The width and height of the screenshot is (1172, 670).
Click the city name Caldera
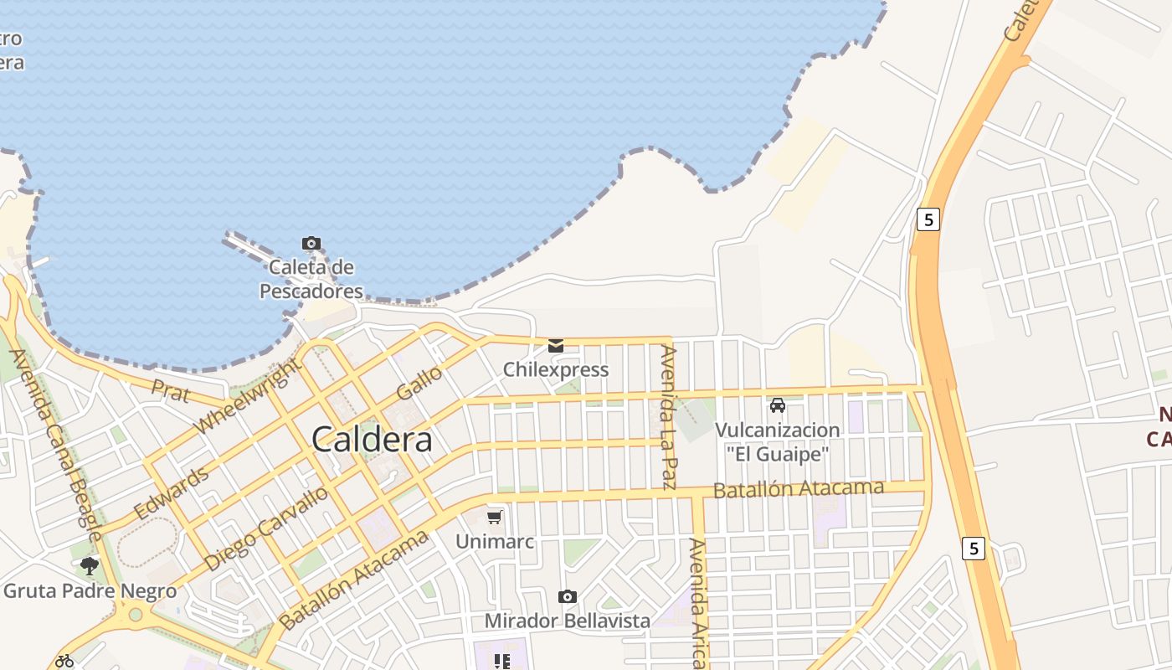372,440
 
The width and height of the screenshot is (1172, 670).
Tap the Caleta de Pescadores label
311,280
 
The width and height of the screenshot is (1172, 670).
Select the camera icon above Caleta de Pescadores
311,244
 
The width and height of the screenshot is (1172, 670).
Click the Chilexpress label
556,369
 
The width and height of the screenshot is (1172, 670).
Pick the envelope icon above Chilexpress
556,345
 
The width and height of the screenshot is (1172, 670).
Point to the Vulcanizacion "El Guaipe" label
777,442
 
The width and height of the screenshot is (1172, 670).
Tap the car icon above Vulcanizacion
778,405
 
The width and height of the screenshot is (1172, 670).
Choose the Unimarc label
495,542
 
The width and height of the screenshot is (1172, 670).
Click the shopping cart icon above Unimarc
495,516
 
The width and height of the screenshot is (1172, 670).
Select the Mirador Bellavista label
568,621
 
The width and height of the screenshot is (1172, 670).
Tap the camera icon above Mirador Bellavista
568,596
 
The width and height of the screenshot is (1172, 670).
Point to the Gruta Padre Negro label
90,591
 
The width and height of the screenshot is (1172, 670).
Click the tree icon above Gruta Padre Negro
90,567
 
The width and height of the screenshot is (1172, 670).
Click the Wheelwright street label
248,395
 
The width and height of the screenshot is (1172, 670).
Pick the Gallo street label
419,383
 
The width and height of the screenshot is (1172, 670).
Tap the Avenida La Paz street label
668,417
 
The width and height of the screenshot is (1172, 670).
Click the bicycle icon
64,661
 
